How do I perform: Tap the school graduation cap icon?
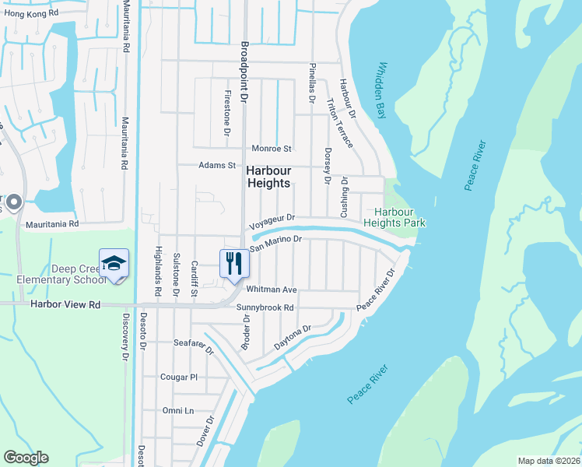(x=113, y=262)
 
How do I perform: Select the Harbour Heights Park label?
(x=400, y=217)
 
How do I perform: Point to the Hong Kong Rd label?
(x=32, y=14)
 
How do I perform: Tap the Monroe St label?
(x=271, y=148)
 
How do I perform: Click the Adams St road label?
(x=216, y=165)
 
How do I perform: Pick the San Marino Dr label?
(x=275, y=243)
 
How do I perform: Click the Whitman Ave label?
(x=272, y=290)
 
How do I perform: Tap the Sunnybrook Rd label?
(x=265, y=307)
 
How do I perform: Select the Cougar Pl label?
(x=180, y=377)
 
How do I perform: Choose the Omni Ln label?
(x=177, y=410)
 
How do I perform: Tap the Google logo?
(x=26, y=458)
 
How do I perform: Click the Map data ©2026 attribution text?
(x=548, y=461)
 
